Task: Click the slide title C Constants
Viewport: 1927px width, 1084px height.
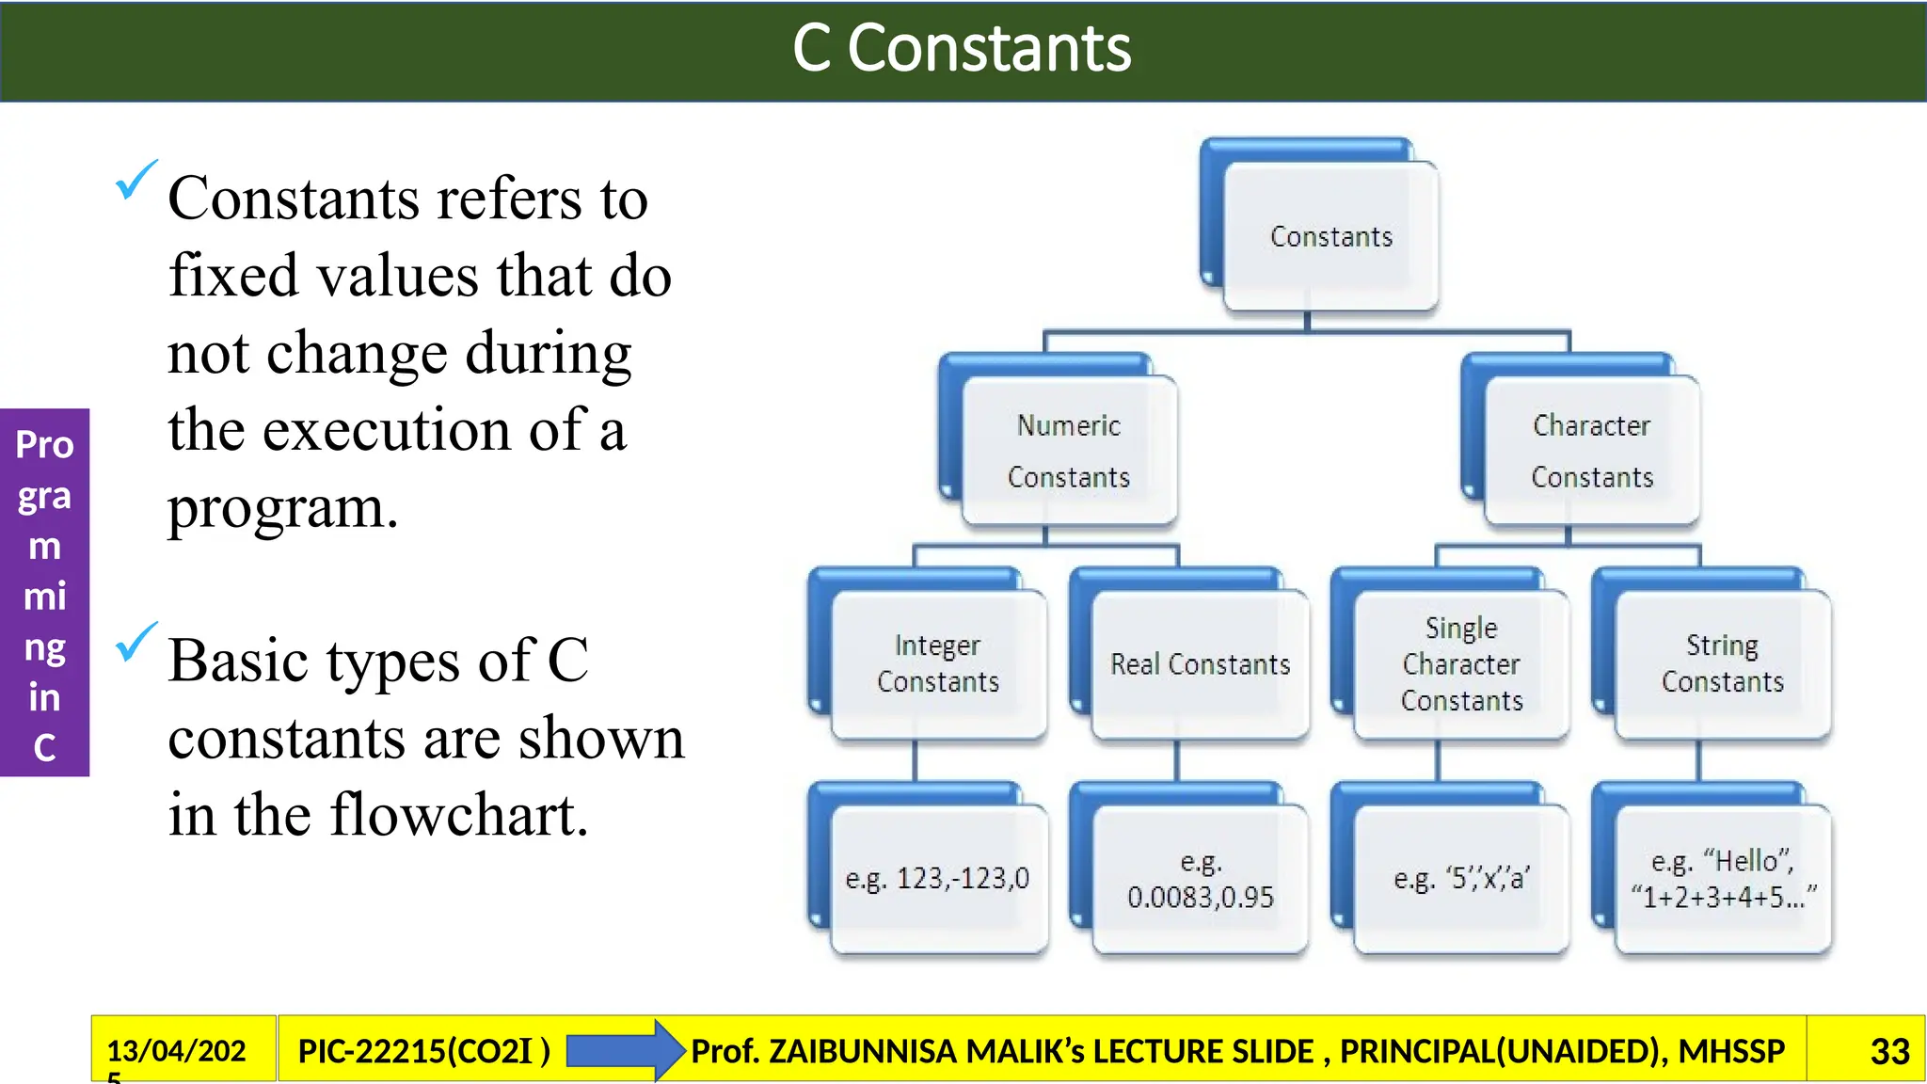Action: [962, 49]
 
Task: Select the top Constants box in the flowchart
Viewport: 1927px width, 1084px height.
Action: [1330, 236]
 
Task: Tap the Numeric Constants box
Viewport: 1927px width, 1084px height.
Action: [1069, 451]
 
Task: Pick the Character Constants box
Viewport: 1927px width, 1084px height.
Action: [1591, 451]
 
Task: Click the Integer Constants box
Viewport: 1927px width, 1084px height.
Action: [938, 663]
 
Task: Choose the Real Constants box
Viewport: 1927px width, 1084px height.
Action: [1200, 664]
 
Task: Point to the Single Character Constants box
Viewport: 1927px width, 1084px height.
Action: [1461, 664]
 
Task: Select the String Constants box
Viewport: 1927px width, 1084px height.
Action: [1722, 663]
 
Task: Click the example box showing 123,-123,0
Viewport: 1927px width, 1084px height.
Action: [938, 879]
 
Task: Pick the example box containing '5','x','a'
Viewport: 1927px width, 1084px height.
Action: [1461, 879]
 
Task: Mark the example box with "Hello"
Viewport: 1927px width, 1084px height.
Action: [1722, 879]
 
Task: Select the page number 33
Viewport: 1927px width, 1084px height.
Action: [1889, 1051]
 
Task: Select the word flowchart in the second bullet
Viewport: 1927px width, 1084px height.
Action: [459, 815]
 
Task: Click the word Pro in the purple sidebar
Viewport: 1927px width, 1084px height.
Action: [44, 444]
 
